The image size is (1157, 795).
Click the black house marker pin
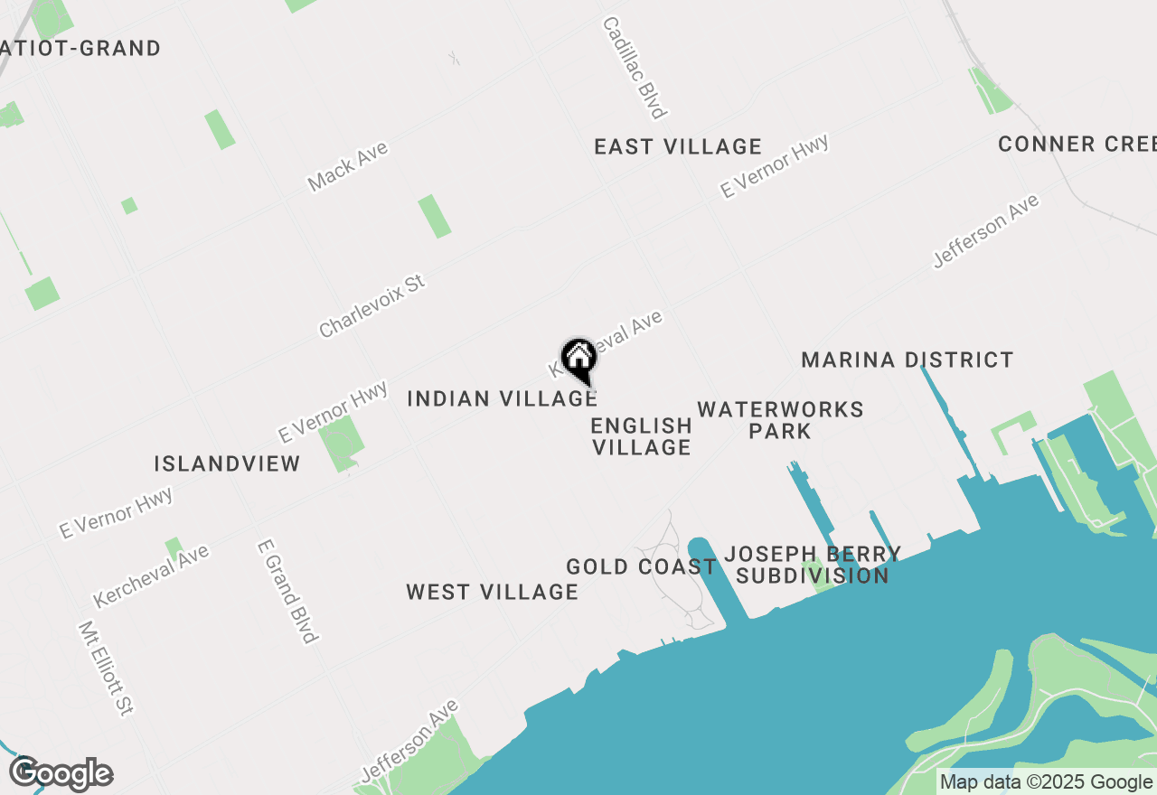coord(578,359)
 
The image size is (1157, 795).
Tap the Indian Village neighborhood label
coord(502,398)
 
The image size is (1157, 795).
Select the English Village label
coord(641,436)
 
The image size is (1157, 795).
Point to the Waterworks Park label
coord(780,420)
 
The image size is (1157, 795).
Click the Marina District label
coord(908,360)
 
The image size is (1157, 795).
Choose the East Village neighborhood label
coord(678,146)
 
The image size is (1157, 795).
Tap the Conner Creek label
coord(1077,144)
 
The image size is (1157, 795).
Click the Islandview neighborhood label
coord(227,464)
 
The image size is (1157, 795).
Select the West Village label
coord(492,593)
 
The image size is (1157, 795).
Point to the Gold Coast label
coord(641,567)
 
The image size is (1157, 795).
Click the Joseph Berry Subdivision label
coord(813,565)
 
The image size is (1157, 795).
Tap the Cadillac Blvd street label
coord(635,68)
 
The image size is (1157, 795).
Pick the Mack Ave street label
coord(347,166)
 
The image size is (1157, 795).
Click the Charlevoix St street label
coord(372,307)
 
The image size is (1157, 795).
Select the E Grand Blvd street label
coord(287,592)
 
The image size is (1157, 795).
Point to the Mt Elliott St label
coord(105,668)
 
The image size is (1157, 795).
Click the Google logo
coord(61,774)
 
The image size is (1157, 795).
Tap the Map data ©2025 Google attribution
coord(1045,782)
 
